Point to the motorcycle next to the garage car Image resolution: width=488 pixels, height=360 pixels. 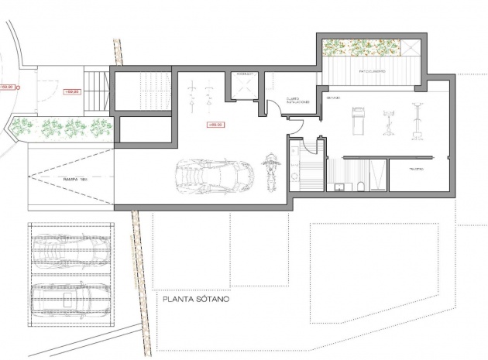(x=271, y=170)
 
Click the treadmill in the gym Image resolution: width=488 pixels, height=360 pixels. (x=358, y=122)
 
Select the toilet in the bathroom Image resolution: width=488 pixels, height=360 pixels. (x=362, y=185)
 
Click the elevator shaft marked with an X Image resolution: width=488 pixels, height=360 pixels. (x=243, y=85)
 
